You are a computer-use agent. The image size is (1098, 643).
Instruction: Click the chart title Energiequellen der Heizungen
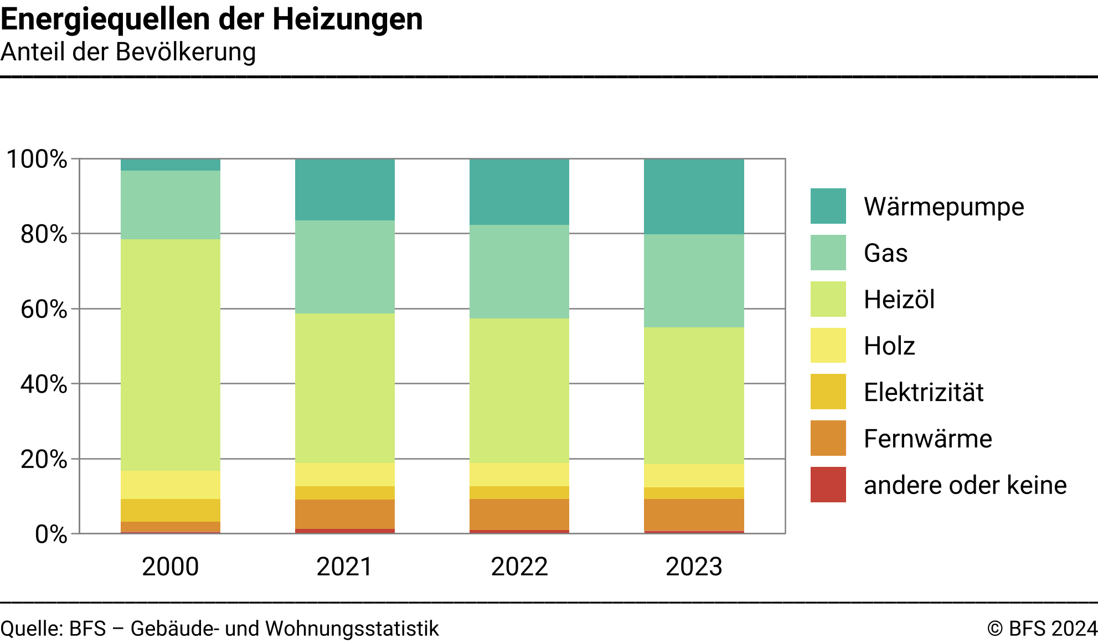[x=212, y=19]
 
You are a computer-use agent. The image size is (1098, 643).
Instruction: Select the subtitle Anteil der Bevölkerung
[x=128, y=52]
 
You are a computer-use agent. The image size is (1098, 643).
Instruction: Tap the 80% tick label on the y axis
[x=44, y=234]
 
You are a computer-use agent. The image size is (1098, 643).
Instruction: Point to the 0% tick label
[x=51, y=534]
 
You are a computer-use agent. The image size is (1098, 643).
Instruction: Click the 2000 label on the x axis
[x=170, y=567]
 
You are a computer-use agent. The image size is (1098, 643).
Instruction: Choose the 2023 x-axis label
[x=694, y=567]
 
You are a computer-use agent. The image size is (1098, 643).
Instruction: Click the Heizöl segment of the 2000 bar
[x=170, y=354]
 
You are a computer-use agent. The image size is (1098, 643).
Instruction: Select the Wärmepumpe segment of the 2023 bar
[x=694, y=197]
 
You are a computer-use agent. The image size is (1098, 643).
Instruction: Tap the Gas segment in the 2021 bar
[x=344, y=267]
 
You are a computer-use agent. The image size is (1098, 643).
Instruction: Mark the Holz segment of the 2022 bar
[x=519, y=475]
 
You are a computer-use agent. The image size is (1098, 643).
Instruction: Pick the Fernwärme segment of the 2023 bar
[x=694, y=515]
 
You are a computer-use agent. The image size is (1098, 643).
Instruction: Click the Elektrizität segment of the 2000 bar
[x=170, y=510]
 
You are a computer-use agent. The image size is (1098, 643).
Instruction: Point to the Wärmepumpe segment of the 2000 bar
[x=170, y=164]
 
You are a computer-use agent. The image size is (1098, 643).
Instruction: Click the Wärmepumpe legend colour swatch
[x=828, y=206]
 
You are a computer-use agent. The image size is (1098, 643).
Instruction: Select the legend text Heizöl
[x=899, y=300]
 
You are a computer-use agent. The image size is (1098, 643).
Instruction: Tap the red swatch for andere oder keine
[x=828, y=485]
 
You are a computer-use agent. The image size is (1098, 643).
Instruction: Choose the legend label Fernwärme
[x=927, y=439]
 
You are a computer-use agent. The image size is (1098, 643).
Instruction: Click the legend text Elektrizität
[x=923, y=392]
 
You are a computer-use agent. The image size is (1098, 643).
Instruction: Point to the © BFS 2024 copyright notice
[x=1042, y=629]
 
